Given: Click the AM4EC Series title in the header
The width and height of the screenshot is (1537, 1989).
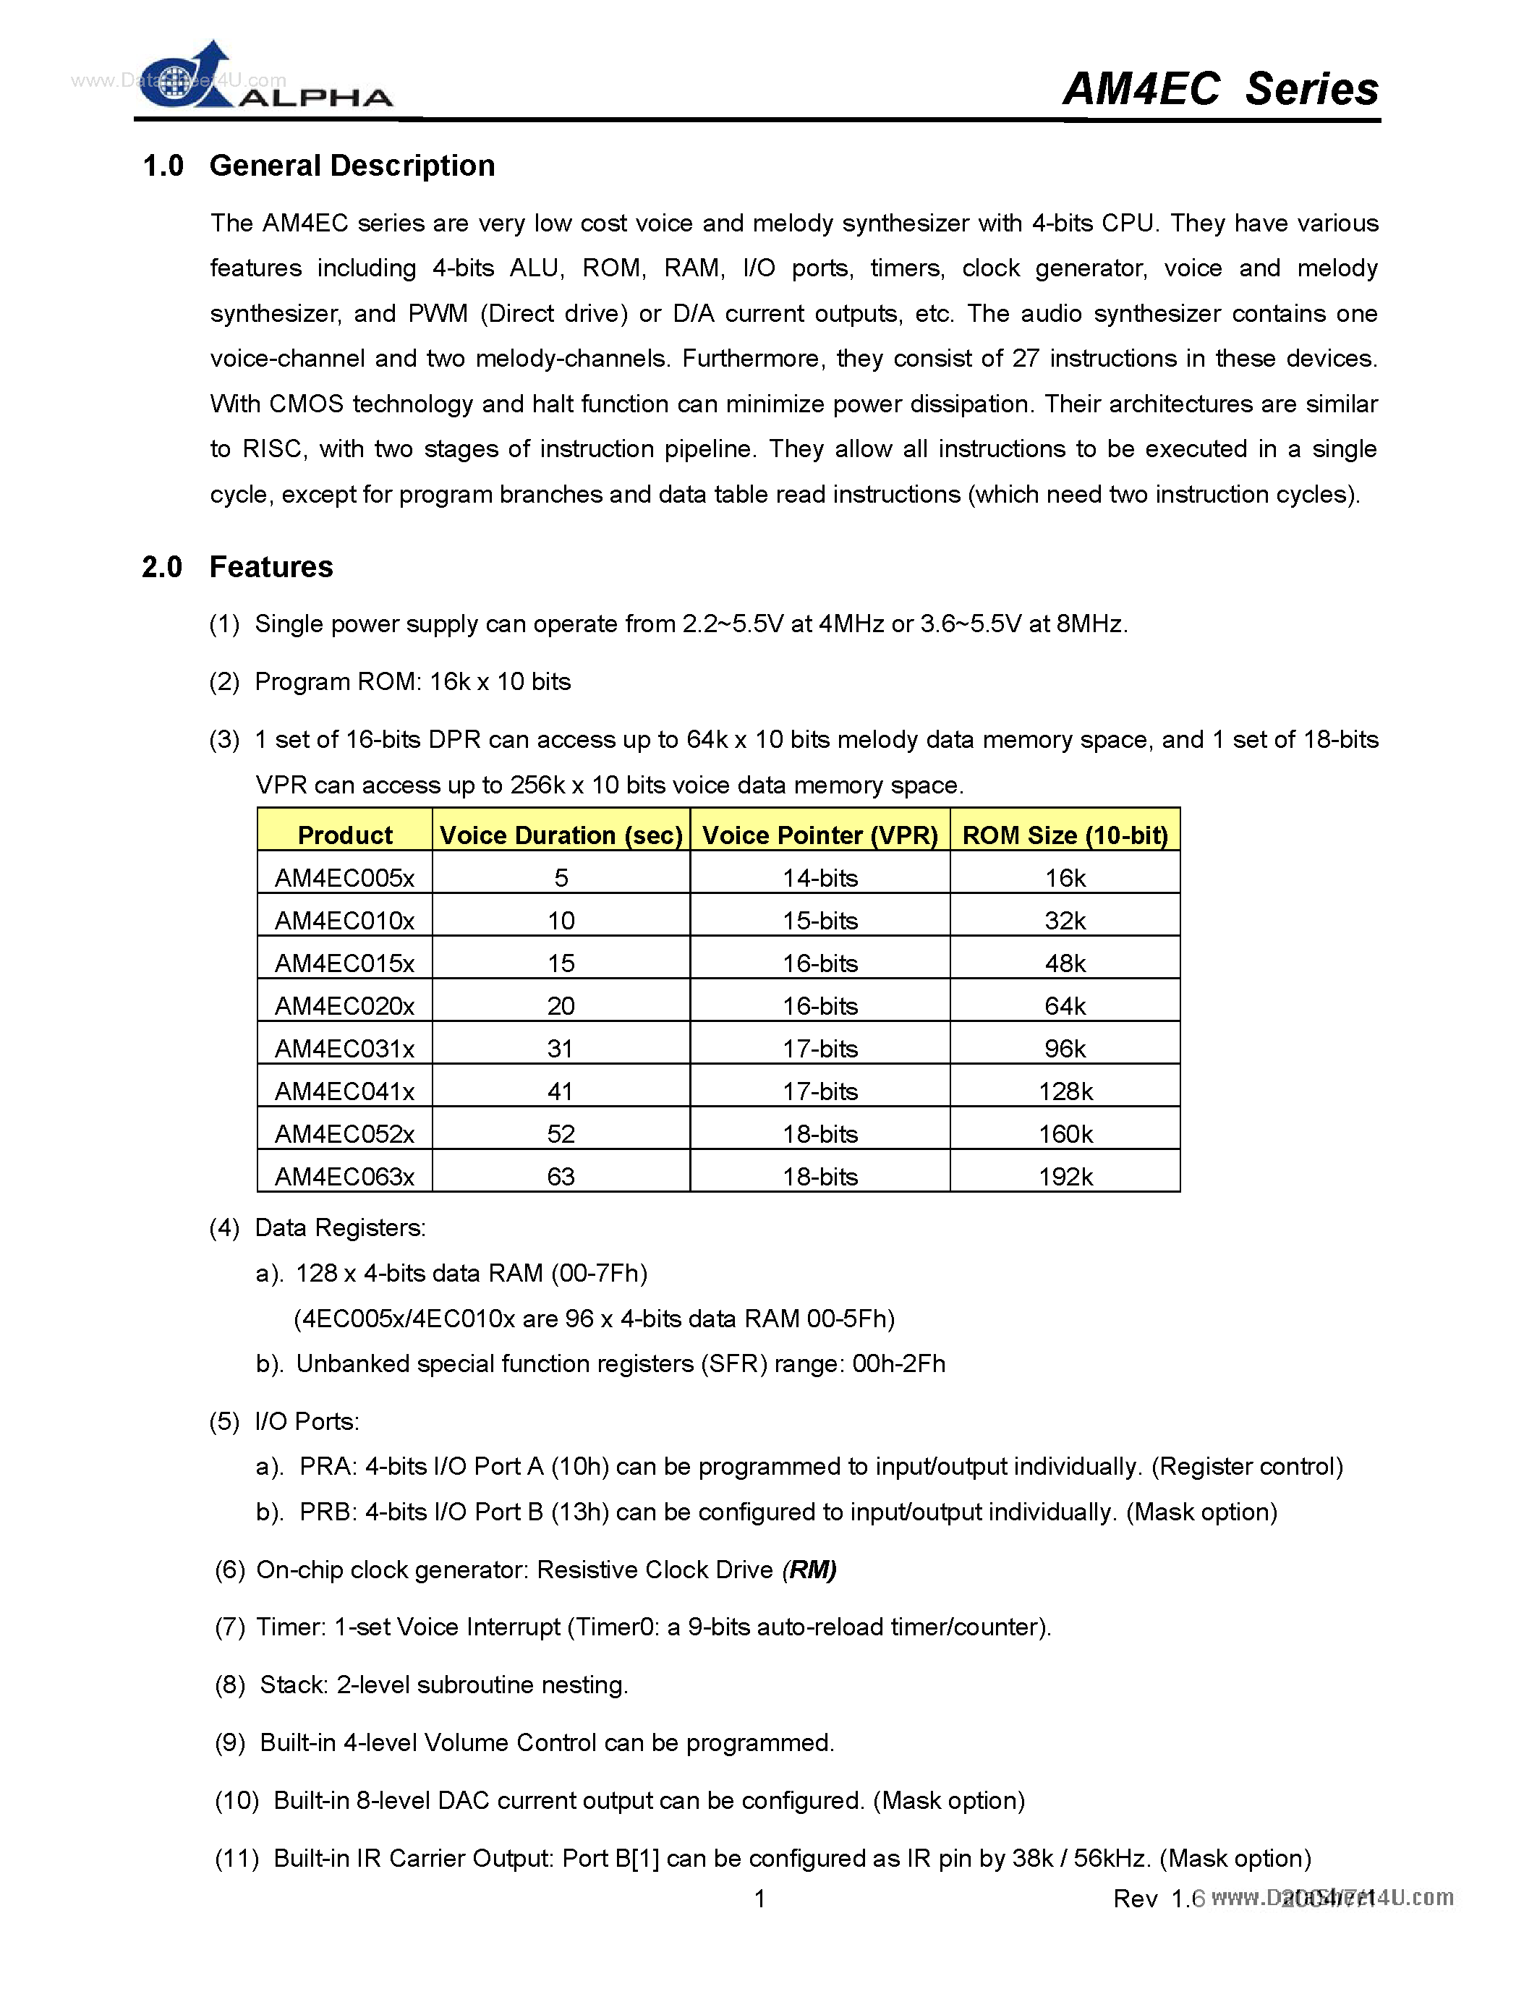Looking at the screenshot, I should click(1220, 89).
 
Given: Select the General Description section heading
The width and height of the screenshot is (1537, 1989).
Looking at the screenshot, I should click(352, 166).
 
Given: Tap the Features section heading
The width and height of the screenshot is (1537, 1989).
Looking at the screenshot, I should click(271, 566).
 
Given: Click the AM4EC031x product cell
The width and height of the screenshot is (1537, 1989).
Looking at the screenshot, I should click(344, 1048).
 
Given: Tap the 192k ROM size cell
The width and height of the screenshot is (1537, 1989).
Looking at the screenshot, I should click(1065, 1176).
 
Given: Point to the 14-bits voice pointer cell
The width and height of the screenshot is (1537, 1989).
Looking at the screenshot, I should click(819, 878).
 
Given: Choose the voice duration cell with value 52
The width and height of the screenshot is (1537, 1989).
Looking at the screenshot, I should click(561, 1134).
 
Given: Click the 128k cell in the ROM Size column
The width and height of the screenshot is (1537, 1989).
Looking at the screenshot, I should click(1065, 1091).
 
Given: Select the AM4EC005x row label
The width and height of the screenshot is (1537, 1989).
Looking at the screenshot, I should click(344, 878).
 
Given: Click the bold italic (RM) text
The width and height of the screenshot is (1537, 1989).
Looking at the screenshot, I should click(809, 1570).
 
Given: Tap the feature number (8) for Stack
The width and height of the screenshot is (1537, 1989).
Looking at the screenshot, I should click(229, 1685).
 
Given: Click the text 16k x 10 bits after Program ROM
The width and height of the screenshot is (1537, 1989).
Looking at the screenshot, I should click(500, 681).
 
